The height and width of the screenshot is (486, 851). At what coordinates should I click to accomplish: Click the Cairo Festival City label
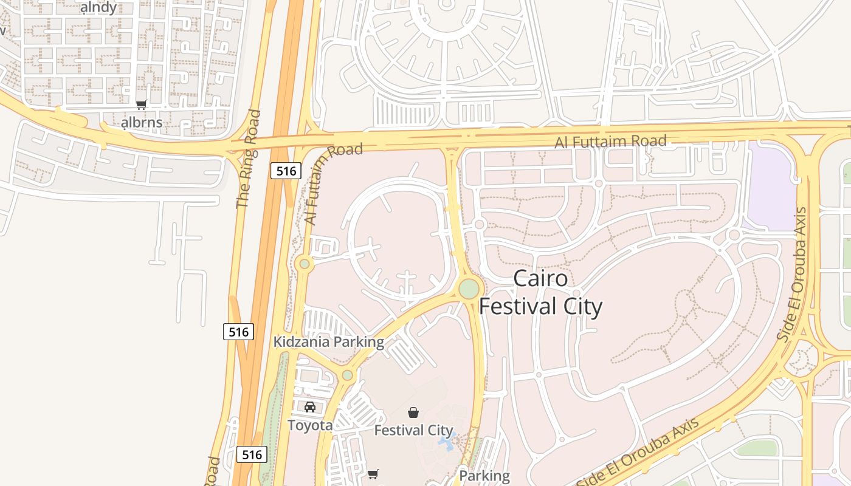[540, 292]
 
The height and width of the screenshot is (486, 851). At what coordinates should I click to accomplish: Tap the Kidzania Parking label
[328, 342]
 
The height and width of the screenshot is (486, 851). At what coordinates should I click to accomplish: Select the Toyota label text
[310, 425]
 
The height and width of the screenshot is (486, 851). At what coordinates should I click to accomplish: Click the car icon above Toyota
[310, 406]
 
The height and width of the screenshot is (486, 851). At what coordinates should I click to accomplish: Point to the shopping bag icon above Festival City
[413, 412]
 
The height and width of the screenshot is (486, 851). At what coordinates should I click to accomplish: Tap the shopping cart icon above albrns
[142, 104]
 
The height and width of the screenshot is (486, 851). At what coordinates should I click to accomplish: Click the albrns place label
[142, 123]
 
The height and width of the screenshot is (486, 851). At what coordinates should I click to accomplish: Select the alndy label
[98, 8]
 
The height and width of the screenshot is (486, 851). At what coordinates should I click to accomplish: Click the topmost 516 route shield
[286, 171]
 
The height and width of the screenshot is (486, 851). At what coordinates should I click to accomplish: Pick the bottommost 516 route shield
[252, 454]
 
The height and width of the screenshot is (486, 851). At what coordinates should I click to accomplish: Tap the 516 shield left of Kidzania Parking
[239, 332]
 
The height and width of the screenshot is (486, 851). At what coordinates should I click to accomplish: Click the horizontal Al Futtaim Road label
[610, 142]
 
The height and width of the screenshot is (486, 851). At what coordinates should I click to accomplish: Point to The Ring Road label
[248, 159]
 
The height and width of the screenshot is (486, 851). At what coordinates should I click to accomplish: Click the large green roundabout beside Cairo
[469, 289]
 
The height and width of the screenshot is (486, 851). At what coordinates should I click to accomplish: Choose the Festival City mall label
[413, 431]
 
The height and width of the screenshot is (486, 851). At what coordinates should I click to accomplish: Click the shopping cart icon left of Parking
[373, 474]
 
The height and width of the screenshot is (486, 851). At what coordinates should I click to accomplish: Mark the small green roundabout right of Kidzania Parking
[347, 375]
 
